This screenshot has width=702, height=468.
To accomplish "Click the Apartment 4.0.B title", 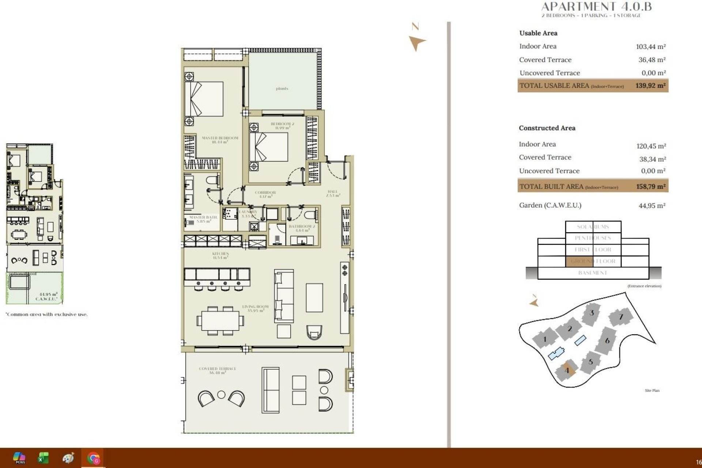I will [x=596, y=7].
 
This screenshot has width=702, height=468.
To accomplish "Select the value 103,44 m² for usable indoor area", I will [x=651, y=47].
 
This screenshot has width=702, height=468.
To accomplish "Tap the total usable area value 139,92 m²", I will [x=650, y=86].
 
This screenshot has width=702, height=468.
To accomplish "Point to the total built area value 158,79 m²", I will [x=651, y=186].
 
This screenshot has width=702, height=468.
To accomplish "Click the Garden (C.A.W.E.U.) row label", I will [x=550, y=205].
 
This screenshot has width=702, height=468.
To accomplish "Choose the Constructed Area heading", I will [x=547, y=128].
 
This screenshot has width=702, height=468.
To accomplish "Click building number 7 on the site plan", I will [x=620, y=317].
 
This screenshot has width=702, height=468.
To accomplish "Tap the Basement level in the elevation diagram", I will [x=593, y=273].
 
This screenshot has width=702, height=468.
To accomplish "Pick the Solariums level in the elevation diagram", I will [x=593, y=227].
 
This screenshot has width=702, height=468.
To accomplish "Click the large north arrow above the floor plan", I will [x=416, y=42].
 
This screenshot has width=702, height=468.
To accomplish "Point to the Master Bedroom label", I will [x=220, y=140].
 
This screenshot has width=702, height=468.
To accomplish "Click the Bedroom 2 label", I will [x=282, y=126].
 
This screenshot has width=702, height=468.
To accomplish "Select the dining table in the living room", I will [x=220, y=321].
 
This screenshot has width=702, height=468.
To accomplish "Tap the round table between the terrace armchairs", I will [x=221, y=395].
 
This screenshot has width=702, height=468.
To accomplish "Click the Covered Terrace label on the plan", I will [x=217, y=370].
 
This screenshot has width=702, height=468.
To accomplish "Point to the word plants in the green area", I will [x=282, y=88].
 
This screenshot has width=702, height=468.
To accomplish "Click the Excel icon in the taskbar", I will [x=43, y=458].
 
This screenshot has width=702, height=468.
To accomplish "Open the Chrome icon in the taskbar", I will [x=93, y=458].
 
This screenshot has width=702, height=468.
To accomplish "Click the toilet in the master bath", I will [x=212, y=180].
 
